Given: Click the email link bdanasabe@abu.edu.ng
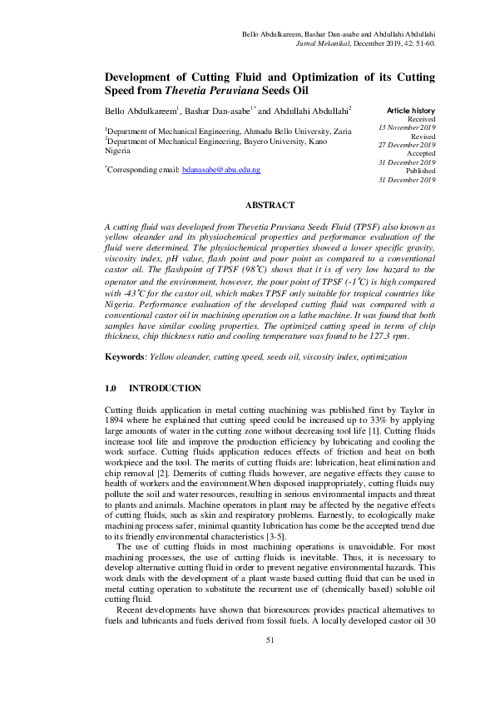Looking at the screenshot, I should click(221, 170).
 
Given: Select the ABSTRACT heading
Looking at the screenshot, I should click(270, 205).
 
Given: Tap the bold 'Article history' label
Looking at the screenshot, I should click(411, 111).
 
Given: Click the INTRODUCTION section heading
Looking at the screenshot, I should click(165, 389).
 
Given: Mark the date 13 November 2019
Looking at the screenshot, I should click(407, 128).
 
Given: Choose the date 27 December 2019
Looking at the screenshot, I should click(407, 145).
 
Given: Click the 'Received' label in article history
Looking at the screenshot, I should click(419, 119).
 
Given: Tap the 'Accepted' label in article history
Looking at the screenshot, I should click(419, 153).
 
